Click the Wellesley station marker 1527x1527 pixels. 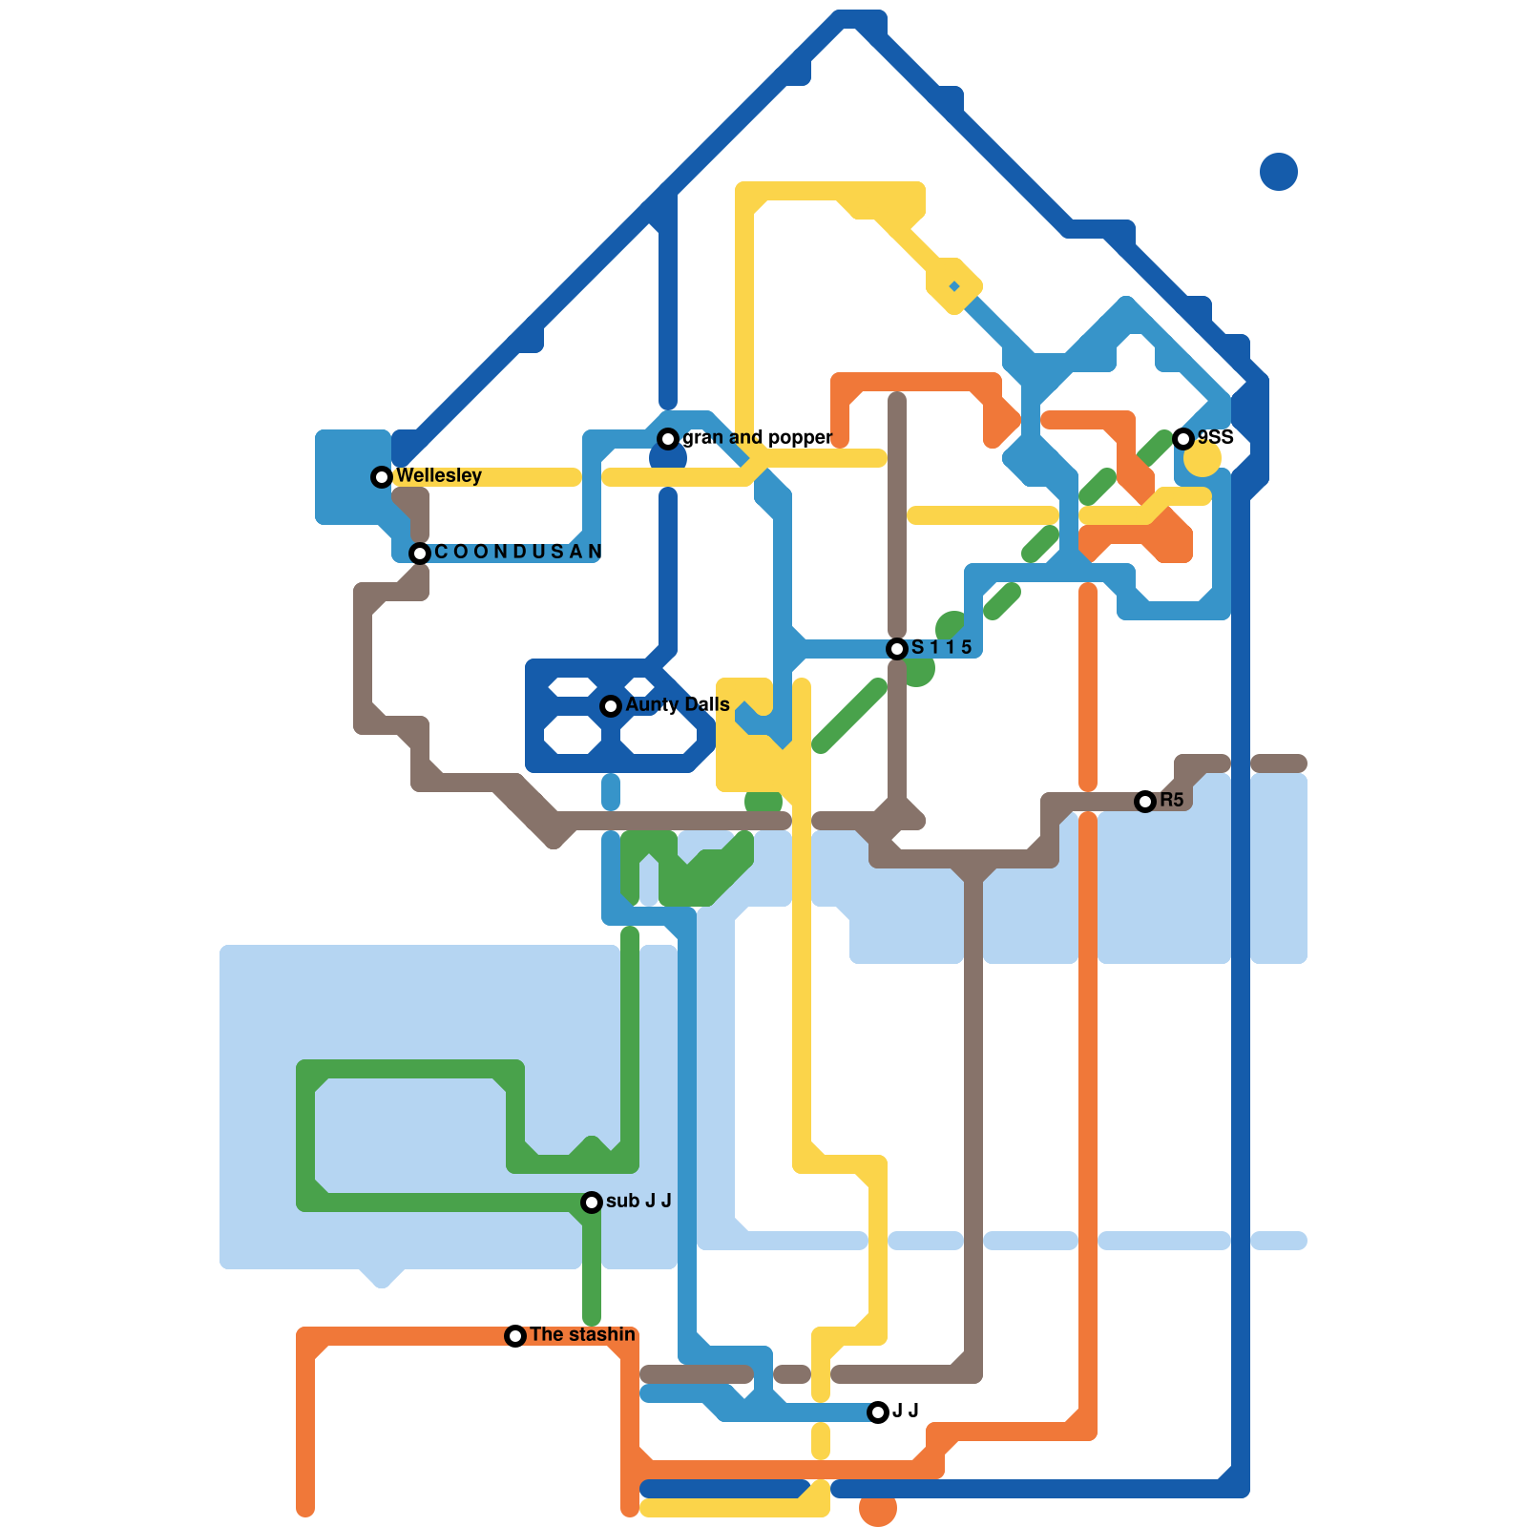click(x=382, y=476)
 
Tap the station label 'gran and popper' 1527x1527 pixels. click(x=757, y=437)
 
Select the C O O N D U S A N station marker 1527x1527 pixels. click(x=420, y=553)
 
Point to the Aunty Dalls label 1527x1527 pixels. click(x=677, y=704)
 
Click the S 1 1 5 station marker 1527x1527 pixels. click(x=897, y=649)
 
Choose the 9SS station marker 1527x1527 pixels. click(x=1183, y=438)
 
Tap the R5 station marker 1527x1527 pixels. click(x=1145, y=802)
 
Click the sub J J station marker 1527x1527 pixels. click(x=592, y=1202)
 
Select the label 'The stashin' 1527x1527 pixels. click(x=582, y=1334)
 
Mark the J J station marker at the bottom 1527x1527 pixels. click(x=878, y=1412)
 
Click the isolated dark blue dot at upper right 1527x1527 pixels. click(x=1279, y=172)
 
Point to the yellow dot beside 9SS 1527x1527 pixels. click(x=1203, y=458)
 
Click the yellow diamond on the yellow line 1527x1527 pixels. click(x=954, y=285)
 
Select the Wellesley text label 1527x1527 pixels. click(x=438, y=475)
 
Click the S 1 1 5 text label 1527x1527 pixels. click(x=941, y=647)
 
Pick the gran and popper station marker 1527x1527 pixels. click(x=668, y=438)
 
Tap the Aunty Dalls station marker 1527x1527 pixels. click(x=611, y=706)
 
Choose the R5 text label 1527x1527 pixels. click(x=1171, y=800)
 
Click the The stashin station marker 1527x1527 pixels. click(x=515, y=1336)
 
